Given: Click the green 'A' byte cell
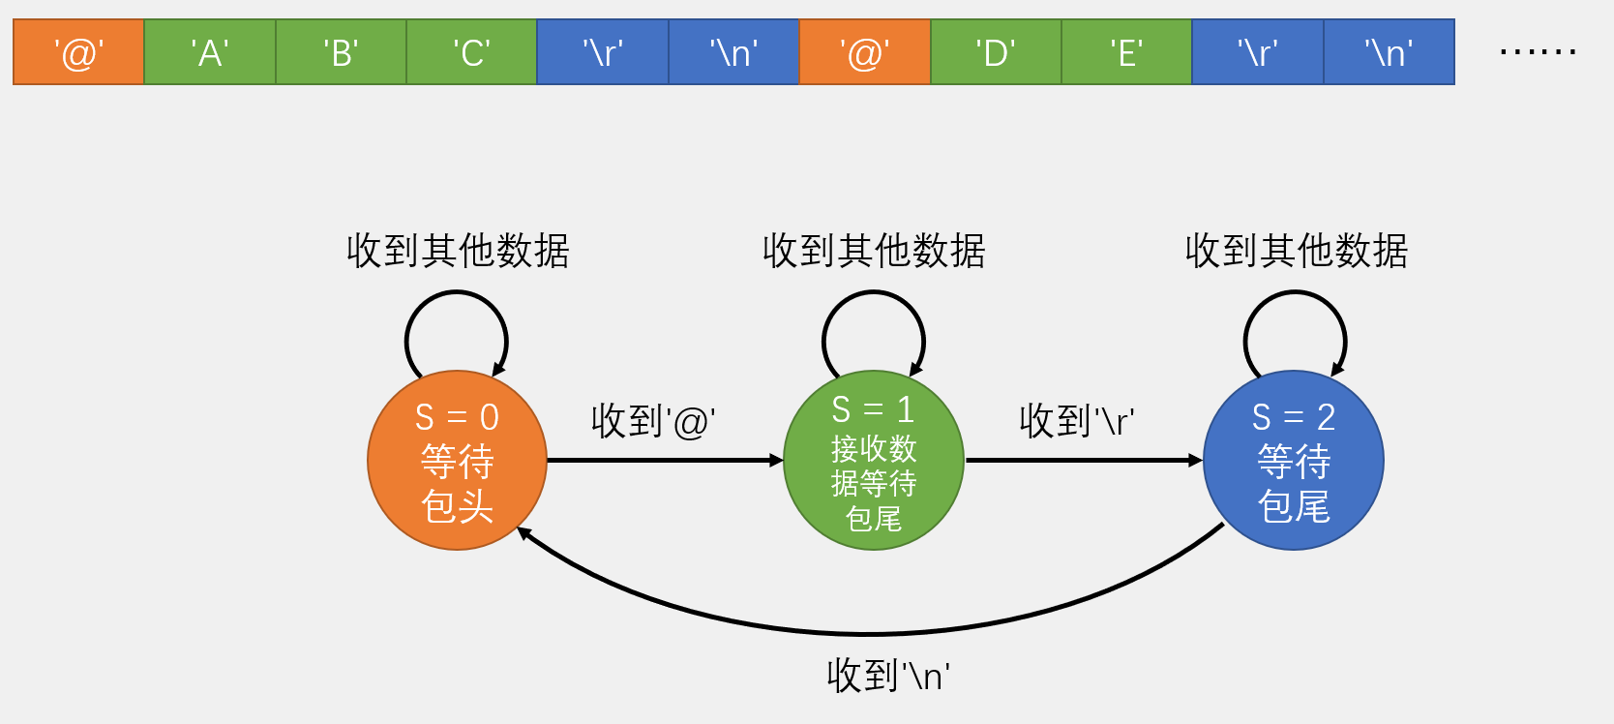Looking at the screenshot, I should click(x=210, y=52).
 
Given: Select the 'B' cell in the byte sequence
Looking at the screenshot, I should click(x=341, y=52).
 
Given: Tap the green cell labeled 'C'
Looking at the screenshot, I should click(x=471, y=52).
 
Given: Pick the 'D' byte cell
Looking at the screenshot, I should click(x=996, y=52).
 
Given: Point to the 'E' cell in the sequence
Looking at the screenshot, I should click(x=1126, y=52).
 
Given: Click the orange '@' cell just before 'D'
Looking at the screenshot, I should click(x=865, y=52).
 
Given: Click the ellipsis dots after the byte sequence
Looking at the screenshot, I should click(x=1538, y=51).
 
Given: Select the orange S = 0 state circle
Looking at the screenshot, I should click(x=457, y=461).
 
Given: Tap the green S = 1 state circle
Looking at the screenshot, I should click(x=874, y=461).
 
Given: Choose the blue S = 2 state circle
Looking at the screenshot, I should click(x=1294, y=461).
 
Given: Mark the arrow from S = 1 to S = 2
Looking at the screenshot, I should click(x=1084, y=461).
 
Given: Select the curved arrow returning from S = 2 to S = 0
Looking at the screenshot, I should click(x=871, y=633).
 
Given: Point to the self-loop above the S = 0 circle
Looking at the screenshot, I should click(x=456, y=295).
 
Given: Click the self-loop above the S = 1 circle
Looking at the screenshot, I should click(x=874, y=295).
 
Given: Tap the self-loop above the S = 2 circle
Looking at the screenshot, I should click(x=1295, y=295).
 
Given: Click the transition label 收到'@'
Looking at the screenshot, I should click(x=653, y=421).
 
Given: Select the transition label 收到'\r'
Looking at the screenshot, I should click(x=1076, y=421).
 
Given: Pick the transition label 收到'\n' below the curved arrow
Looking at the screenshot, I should click(x=888, y=676).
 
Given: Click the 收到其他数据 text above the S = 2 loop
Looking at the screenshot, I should click(x=1297, y=251).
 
